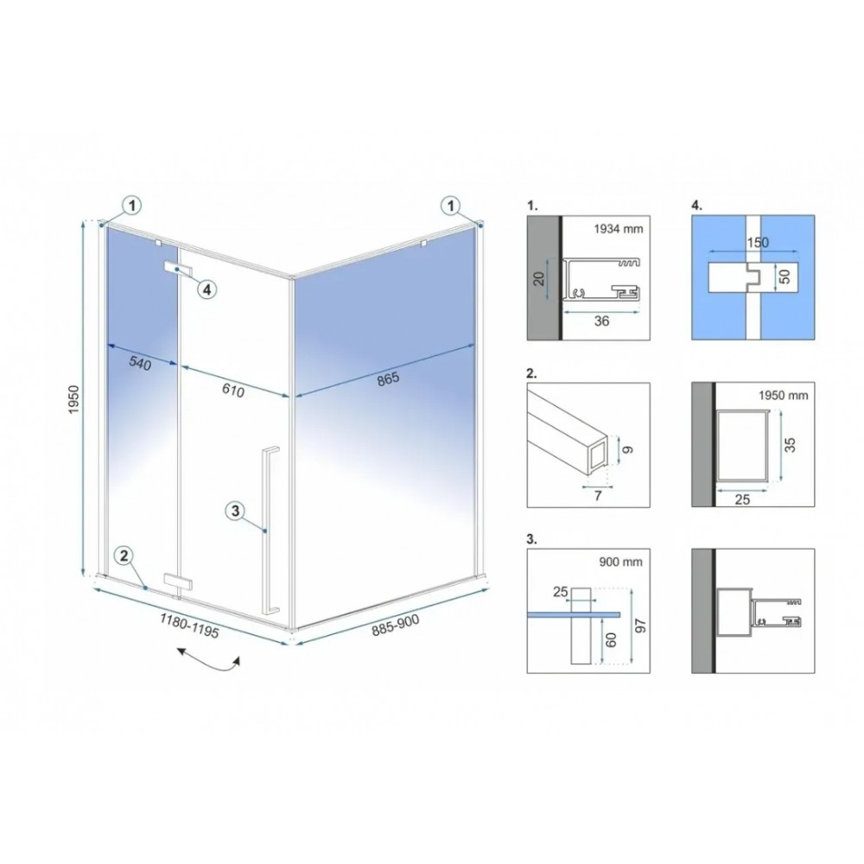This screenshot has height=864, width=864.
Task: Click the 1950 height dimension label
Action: click(73, 400)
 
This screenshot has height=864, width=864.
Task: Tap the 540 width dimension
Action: click(139, 363)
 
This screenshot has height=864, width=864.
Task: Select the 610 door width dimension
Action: click(233, 390)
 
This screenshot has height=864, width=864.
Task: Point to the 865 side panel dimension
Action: click(388, 379)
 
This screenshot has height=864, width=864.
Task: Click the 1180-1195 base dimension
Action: click(189, 626)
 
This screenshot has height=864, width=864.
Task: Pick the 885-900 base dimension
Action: click(395, 626)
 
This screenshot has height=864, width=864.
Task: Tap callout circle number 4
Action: click(206, 289)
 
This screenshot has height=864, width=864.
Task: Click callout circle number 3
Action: click(235, 511)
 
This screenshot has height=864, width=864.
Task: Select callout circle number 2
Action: click(124, 555)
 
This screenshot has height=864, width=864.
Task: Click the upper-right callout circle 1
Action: click(451, 206)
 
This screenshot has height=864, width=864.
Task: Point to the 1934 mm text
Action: click(619, 229)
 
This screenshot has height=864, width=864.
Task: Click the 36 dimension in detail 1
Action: click(601, 321)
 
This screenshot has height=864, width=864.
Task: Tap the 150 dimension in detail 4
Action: click(758, 243)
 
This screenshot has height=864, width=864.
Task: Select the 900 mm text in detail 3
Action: click(620, 562)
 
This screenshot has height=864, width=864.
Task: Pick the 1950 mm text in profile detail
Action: click(783, 395)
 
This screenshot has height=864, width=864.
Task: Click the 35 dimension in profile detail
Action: click(791, 444)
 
